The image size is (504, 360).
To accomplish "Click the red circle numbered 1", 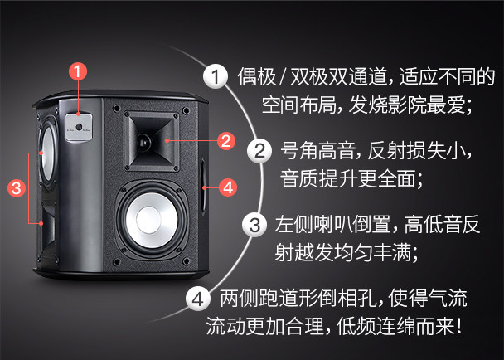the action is pyautogui.click(x=78, y=71).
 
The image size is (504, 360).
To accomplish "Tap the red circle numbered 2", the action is pyautogui.click(x=226, y=140).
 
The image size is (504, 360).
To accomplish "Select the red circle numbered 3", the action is pyautogui.click(x=17, y=188).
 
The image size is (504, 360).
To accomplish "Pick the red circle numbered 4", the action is pyautogui.click(x=228, y=187).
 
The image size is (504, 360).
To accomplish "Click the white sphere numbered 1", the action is pyautogui.click(x=216, y=76).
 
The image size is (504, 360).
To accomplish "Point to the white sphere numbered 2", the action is pyautogui.click(x=259, y=151).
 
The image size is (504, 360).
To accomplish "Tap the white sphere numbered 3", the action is pyautogui.click(x=254, y=225).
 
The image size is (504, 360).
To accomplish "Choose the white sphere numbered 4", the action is pyautogui.click(x=198, y=299).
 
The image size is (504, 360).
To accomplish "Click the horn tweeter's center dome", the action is pyautogui.click(x=143, y=142).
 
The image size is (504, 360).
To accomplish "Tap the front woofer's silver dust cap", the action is pyautogui.click(x=148, y=220).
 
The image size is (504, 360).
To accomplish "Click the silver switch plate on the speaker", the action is pyautogui.click(x=79, y=127).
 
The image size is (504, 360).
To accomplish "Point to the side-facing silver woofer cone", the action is pyautogui.click(x=47, y=153).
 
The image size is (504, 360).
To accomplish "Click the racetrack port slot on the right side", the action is pyautogui.click(x=203, y=187).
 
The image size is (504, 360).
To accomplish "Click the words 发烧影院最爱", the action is pyautogui.click(x=407, y=105).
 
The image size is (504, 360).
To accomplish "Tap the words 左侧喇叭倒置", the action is pyautogui.click(x=332, y=225).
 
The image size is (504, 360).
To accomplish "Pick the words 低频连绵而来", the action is pyautogui.click(x=395, y=326).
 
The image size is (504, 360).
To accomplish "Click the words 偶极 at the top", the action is pyautogui.click(x=256, y=76).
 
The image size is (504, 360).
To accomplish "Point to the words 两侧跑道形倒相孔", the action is pyautogui.click(x=298, y=299).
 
